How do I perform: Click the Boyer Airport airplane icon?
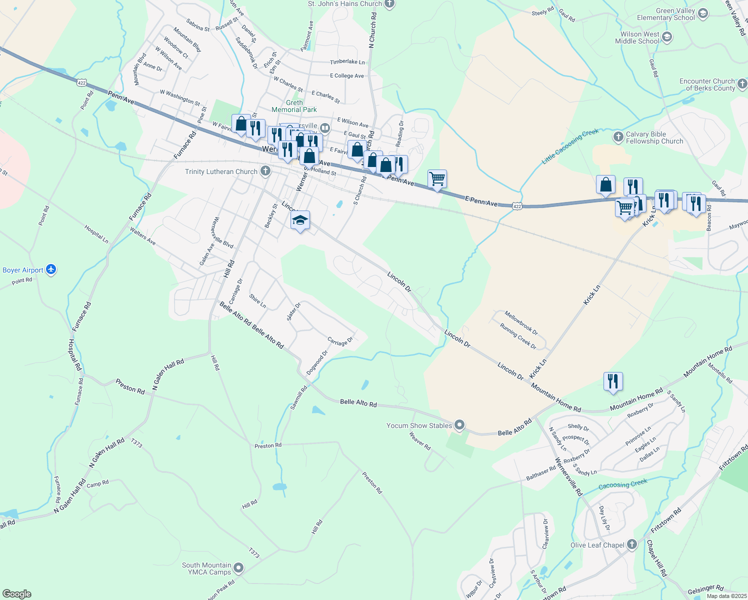(x=51, y=270)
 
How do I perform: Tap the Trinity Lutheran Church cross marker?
(x=265, y=171)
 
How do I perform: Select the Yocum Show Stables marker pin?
(x=460, y=425)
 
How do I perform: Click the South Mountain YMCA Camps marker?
(x=239, y=568)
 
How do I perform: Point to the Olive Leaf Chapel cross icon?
(x=632, y=544)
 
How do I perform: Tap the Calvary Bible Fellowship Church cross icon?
(x=618, y=136)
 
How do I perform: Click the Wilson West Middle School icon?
(x=667, y=37)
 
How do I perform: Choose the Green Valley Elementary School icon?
(x=703, y=13)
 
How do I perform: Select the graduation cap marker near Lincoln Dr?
(x=300, y=220)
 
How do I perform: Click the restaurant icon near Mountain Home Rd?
(x=612, y=381)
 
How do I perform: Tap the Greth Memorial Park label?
(x=294, y=106)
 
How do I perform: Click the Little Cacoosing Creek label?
(x=570, y=146)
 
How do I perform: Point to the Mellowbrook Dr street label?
(x=521, y=323)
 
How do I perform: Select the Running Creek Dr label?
(x=518, y=336)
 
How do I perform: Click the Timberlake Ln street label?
(x=347, y=62)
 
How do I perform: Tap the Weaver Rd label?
(x=420, y=441)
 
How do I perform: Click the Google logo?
(x=17, y=593)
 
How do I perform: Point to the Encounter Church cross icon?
(x=742, y=83)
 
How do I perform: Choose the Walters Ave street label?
(x=142, y=236)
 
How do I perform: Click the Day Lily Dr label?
(x=604, y=518)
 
